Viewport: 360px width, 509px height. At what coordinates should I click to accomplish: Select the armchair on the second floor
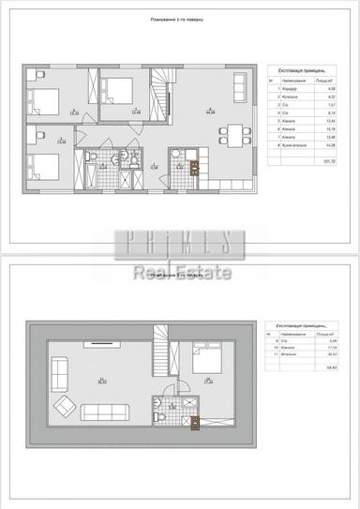tap(64, 407)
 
